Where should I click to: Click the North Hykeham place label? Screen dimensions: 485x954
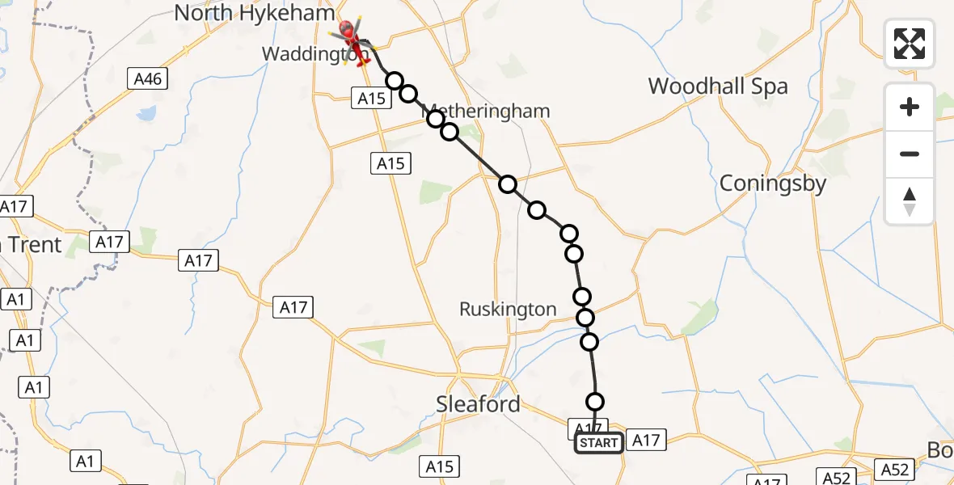[x=254, y=13]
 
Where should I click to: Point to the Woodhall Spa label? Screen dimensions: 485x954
[x=718, y=86]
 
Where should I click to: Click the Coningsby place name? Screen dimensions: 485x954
[x=773, y=183]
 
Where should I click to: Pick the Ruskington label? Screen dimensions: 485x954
[x=508, y=309]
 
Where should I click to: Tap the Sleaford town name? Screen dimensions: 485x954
[x=478, y=404]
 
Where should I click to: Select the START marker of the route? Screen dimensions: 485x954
[x=598, y=443]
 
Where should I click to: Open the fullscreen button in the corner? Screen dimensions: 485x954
[x=910, y=44]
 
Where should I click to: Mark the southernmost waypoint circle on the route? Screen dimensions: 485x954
[x=595, y=402]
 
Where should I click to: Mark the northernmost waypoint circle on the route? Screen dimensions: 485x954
[x=395, y=81]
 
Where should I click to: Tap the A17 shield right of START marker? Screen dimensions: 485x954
[x=645, y=441]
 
